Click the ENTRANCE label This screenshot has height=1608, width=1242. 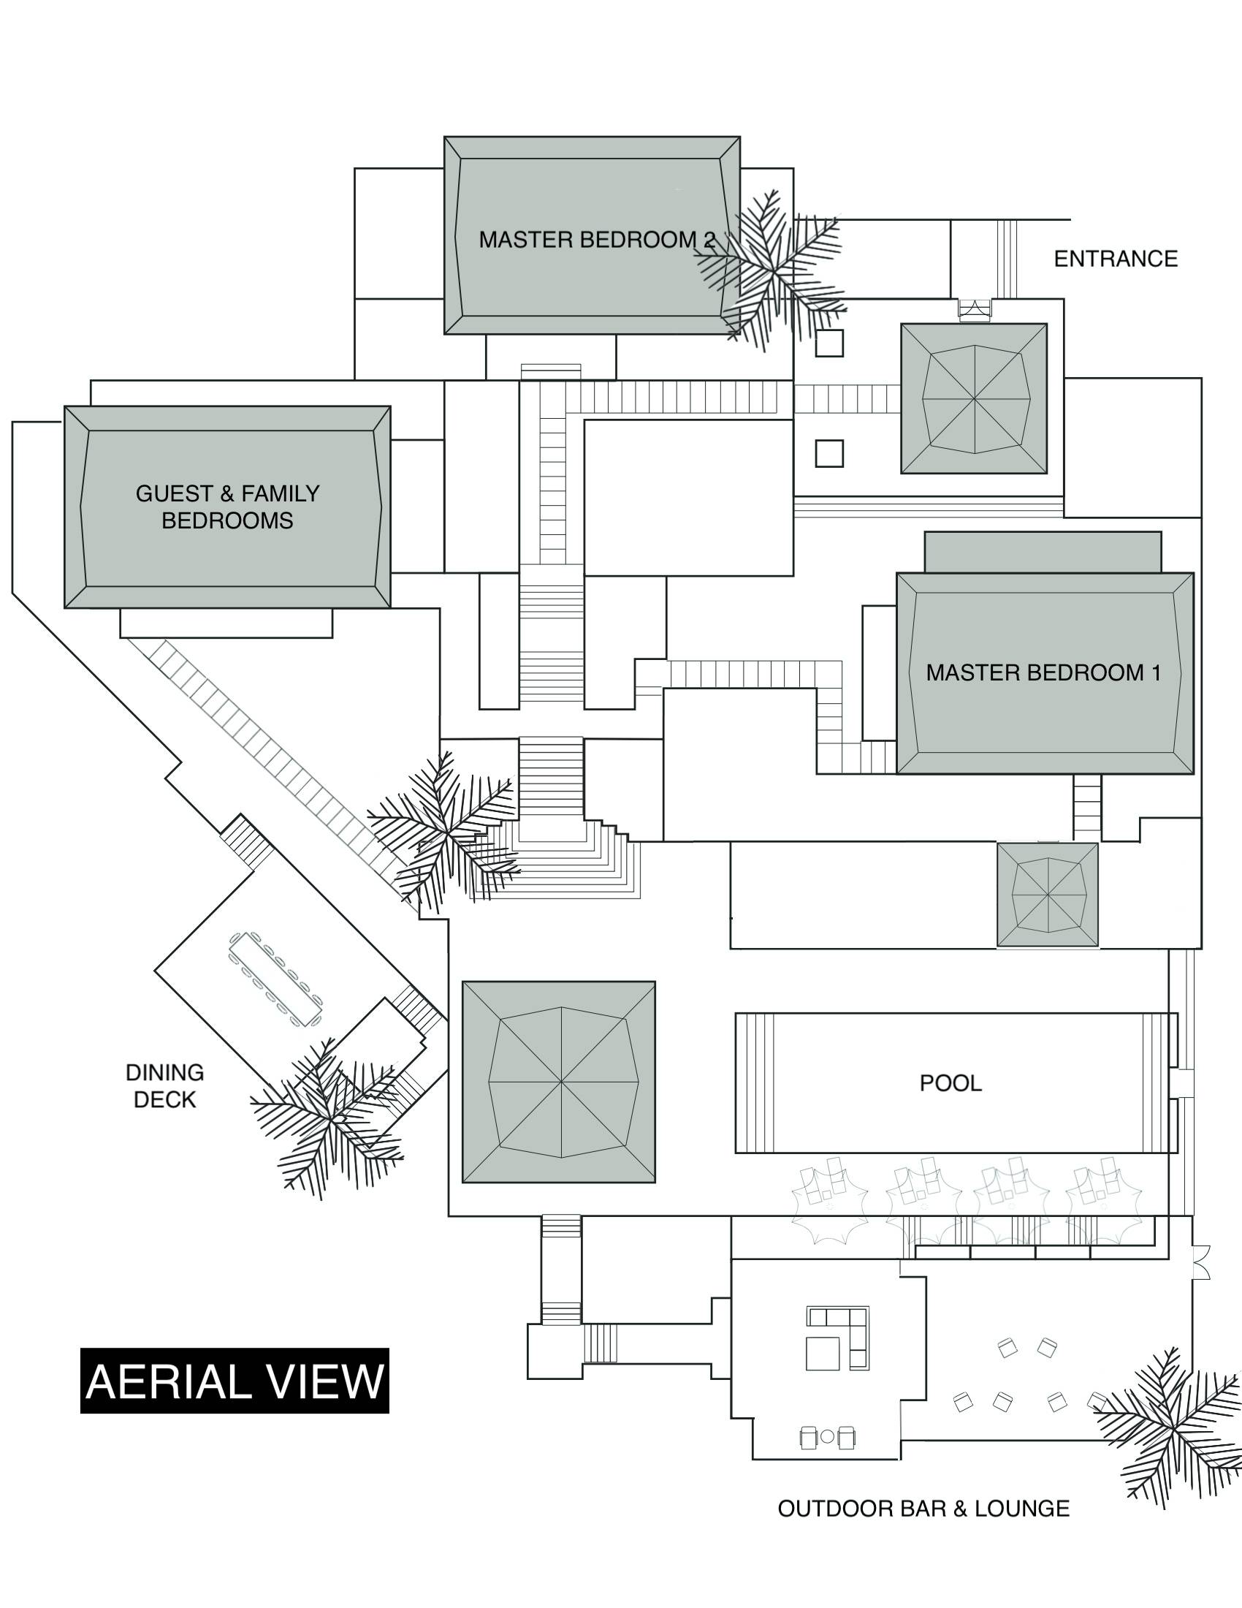click(1116, 259)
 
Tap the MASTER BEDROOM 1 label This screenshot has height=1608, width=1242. click(1043, 672)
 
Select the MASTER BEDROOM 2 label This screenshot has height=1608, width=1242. click(596, 239)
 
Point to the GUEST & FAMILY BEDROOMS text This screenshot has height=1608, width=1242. click(227, 507)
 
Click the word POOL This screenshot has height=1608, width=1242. click(950, 1082)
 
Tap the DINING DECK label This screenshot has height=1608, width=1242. click(165, 1085)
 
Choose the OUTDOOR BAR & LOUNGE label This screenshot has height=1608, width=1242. click(923, 1509)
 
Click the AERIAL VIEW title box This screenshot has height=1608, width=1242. click(235, 1381)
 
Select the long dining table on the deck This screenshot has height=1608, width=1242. click(275, 979)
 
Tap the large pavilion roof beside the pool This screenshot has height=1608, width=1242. click(559, 1082)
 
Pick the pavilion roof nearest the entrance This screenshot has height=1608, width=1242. click(974, 398)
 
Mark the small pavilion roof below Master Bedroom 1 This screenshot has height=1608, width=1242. click(1048, 895)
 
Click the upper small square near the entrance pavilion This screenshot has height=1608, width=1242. click(829, 343)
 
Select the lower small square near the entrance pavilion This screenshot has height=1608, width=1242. click(829, 453)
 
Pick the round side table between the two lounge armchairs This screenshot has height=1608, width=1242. click(828, 1436)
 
